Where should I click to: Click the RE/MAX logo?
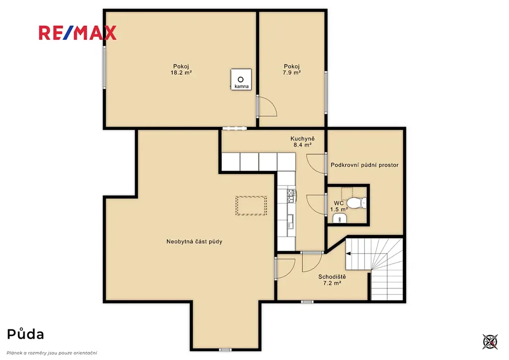point(77,33)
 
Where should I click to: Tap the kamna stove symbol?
point(241,80)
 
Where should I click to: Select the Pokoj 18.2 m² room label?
point(181,70)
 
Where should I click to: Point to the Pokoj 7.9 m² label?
point(291,70)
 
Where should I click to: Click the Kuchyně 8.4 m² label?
point(303,142)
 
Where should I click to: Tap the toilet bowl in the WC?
point(356,203)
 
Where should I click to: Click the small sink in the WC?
point(340,219)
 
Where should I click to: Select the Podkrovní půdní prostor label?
point(364,165)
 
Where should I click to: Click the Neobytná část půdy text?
point(194,242)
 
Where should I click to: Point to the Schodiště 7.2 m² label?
point(332,280)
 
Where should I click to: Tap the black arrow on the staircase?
point(348,254)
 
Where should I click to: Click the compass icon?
point(490,342)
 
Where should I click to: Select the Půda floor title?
point(25,334)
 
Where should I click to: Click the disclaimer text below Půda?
point(52,353)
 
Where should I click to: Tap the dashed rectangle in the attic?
point(251,205)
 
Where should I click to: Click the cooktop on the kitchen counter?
point(291,196)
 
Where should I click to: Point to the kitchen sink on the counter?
point(290,221)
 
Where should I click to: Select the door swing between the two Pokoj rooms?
point(266,106)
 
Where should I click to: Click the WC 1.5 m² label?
point(339,206)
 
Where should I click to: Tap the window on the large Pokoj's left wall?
point(104,67)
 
